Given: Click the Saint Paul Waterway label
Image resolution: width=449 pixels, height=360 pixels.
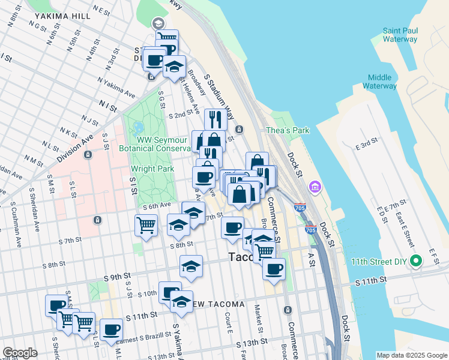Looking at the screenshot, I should (x=400, y=35).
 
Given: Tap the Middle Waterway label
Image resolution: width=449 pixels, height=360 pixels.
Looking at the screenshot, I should (x=379, y=82).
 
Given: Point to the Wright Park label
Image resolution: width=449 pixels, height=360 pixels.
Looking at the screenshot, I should (x=154, y=169).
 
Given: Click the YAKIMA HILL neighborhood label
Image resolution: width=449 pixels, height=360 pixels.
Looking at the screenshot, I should (x=58, y=16).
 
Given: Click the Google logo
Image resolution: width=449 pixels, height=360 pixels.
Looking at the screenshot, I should (x=20, y=353).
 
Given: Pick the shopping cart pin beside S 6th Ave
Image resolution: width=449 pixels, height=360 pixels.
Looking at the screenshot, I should (x=146, y=226).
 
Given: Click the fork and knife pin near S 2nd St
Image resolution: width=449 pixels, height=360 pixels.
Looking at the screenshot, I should (x=214, y=118).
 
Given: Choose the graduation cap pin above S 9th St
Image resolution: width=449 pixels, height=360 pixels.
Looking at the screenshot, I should (x=191, y=266).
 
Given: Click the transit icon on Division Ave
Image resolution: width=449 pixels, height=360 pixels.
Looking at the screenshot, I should (x=88, y=154).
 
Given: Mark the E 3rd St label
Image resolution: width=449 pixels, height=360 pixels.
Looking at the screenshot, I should (x=366, y=146).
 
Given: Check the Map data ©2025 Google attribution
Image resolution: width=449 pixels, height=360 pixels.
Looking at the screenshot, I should (x=411, y=355).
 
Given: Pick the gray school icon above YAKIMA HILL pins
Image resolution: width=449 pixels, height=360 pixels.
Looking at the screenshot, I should (x=158, y=23).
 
